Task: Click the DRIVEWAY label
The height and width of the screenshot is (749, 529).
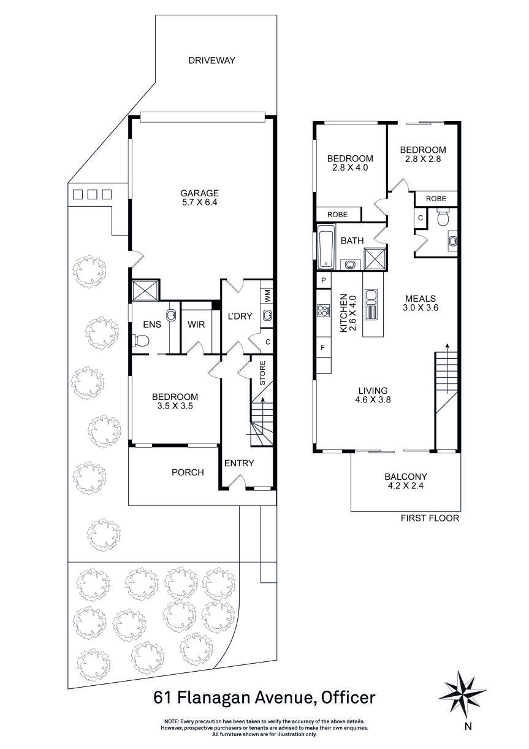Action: coord(212,60)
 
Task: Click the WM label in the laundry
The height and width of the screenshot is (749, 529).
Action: coord(267,296)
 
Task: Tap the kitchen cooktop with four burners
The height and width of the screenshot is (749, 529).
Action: coord(324,311)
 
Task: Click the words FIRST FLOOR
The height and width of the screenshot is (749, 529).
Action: coord(430,518)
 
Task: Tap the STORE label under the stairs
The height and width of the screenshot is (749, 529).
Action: coord(262,373)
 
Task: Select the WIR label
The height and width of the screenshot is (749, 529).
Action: coord(196,324)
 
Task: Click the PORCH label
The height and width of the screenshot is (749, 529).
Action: coord(188,472)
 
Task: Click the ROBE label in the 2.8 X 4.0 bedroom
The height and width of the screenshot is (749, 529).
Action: coord(337,215)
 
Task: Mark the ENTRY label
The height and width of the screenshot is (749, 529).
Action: coord(239,463)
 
